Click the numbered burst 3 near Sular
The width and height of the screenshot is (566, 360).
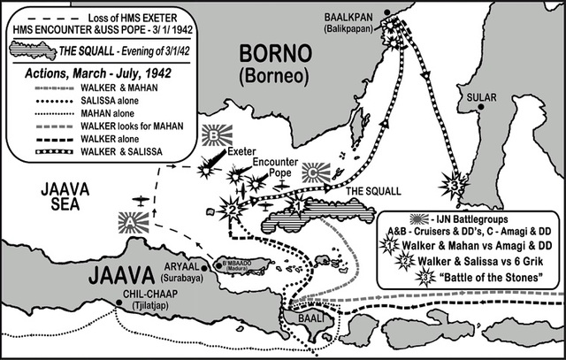(x=453, y=186)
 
